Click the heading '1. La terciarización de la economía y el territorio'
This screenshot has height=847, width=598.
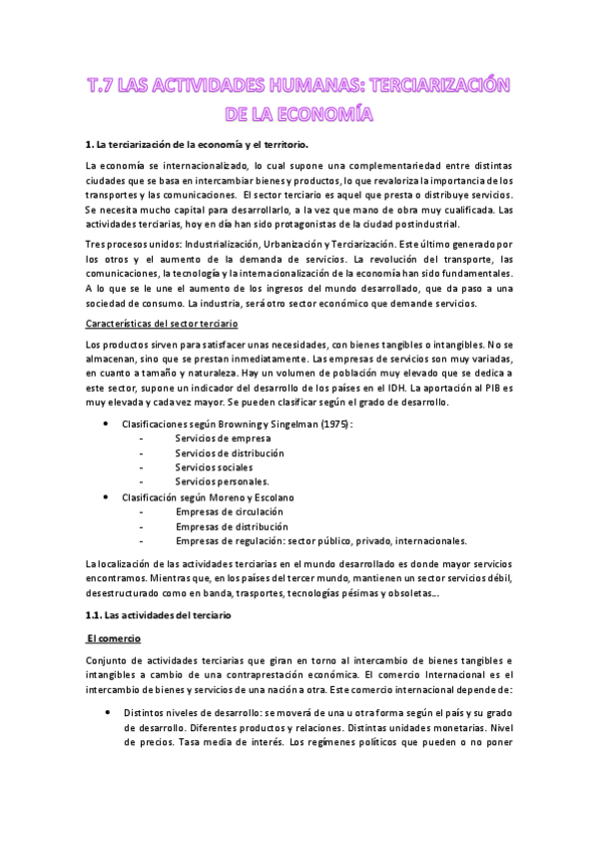(210, 144)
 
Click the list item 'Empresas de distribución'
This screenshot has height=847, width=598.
(232, 525)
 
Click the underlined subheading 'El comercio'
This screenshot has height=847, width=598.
(115, 637)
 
